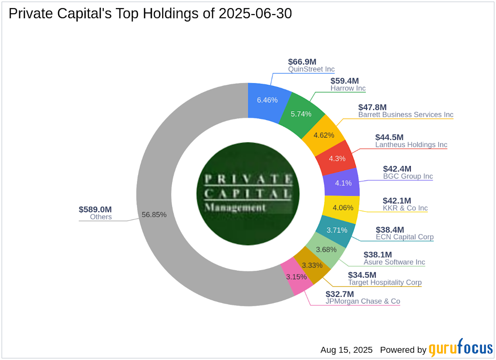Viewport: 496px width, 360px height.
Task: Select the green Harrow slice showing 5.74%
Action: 301,114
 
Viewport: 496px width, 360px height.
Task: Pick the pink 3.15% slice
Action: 297,277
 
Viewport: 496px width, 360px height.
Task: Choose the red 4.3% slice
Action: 336,158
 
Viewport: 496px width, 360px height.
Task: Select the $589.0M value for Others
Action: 96,209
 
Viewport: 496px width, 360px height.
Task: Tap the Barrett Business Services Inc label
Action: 405,114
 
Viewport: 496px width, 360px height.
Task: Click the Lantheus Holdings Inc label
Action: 411,145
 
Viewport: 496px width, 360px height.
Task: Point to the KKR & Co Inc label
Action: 405,208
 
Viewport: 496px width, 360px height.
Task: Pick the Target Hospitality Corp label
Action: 385,283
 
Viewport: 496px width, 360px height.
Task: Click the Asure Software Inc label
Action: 394,262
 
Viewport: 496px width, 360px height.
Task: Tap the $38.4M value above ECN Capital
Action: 390,229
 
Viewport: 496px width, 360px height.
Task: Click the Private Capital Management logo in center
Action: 248,193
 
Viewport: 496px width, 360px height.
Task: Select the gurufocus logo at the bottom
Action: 460,350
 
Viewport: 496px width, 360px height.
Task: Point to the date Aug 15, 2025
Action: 347,350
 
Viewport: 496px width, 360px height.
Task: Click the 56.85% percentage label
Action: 154,215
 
